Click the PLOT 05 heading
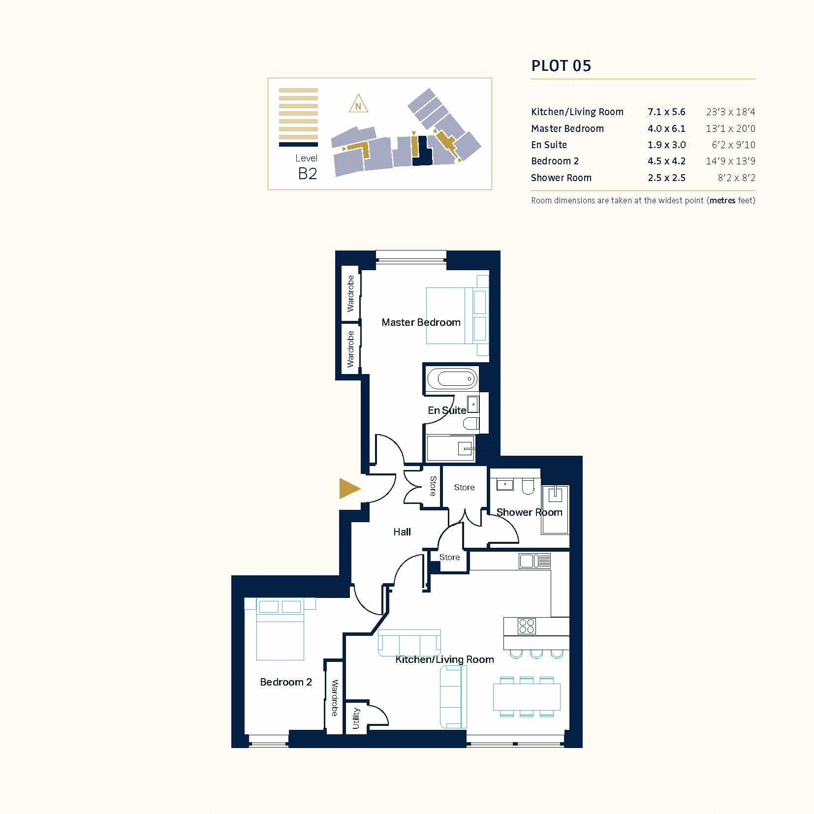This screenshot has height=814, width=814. click(x=561, y=66)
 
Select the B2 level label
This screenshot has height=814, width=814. click(x=308, y=173)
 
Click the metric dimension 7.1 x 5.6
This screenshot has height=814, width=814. click(x=666, y=112)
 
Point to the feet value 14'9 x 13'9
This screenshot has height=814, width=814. click(x=730, y=161)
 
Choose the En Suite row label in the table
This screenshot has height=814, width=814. click(x=549, y=145)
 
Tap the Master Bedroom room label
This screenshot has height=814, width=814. click(x=421, y=322)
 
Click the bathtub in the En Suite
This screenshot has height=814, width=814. click(x=451, y=379)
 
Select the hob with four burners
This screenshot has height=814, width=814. click(x=526, y=626)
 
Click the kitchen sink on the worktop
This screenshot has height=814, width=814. click(x=534, y=561)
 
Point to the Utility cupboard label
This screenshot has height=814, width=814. click(x=356, y=719)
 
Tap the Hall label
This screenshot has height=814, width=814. click(x=402, y=532)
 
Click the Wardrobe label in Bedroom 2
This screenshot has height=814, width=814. click(x=334, y=698)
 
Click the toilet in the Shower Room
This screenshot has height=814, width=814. click(x=528, y=486)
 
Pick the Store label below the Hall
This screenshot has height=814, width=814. click(x=449, y=557)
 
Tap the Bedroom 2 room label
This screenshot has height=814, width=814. click(x=285, y=682)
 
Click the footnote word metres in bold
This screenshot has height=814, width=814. click(x=722, y=201)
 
